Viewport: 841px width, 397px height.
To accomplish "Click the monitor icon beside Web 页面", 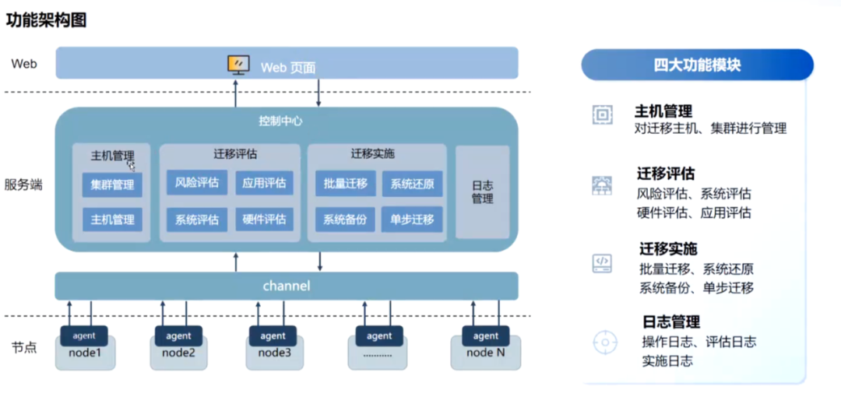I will [238, 65].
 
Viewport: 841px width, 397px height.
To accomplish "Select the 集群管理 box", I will [112, 185].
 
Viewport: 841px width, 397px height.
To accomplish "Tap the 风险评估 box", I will [197, 184].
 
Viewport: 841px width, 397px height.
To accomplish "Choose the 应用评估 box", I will [264, 184].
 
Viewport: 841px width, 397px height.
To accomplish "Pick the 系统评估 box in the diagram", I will [197, 220].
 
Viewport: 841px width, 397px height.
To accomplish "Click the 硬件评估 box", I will [264, 220].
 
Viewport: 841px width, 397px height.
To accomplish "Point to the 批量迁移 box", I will [346, 184].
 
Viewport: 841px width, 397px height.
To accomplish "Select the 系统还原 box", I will [412, 184].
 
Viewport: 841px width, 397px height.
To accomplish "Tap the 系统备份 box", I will [346, 220].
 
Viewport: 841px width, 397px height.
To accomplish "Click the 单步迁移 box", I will [412, 220].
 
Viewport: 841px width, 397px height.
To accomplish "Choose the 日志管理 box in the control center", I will [482, 192].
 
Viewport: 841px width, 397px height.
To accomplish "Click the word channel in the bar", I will [286, 286].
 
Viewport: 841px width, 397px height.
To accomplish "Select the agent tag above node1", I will [83, 336].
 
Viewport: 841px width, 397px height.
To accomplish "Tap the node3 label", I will [273, 353].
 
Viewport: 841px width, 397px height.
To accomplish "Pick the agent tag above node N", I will [485, 336].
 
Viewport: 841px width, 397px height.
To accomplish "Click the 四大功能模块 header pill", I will [697, 65].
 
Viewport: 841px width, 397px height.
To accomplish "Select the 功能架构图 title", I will [46, 20].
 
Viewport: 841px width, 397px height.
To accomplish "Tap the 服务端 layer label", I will [23, 184].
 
